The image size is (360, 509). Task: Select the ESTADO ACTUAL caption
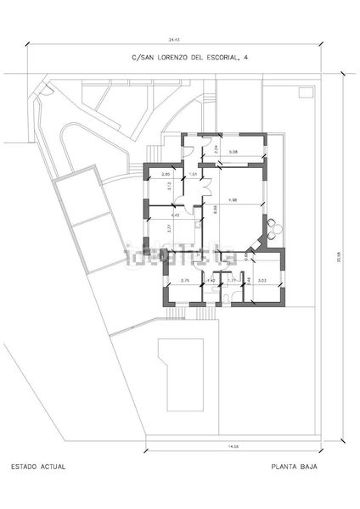pyautogui.click(x=37, y=467)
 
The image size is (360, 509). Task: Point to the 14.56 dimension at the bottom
pyautogui.click(x=233, y=446)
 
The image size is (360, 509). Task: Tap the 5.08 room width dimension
pyautogui.click(x=233, y=152)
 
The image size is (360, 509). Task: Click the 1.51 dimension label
pyautogui.click(x=194, y=175)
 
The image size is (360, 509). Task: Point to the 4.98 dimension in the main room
pyautogui.click(x=233, y=200)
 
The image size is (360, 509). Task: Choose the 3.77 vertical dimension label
pyautogui.click(x=170, y=227)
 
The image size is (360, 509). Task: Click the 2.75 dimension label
pyautogui.click(x=184, y=281)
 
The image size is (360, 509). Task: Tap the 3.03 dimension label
pyautogui.click(x=262, y=281)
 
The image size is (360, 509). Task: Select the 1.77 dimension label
pyautogui.click(x=232, y=281)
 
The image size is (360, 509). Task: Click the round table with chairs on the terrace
pyautogui.click(x=273, y=226)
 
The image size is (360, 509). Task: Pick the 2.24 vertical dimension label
pyautogui.click(x=217, y=149)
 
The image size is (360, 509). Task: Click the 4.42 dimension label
pyautogui.click(x=175, y=215)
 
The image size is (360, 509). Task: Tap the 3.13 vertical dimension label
pyautogui.click(x=170, y=186)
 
